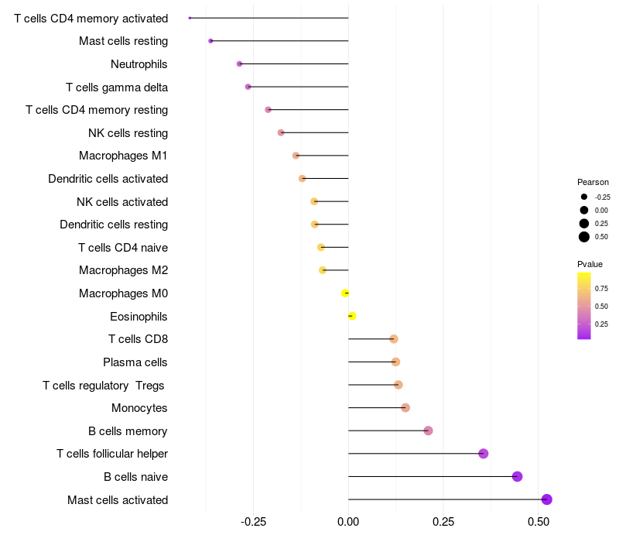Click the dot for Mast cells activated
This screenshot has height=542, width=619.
click(x=546, y=499)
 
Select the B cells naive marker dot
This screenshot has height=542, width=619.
click(x=517, y=476)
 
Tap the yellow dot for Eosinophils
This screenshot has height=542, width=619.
click(x=352, y=316)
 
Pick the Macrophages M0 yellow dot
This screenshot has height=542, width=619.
click(x=345, y=293)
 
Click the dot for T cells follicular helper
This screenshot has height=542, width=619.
click(x=483, y=454)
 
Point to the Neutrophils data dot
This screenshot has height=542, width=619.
click(x=239, y=64)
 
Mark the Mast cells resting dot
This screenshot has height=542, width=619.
click(x=210, y=41)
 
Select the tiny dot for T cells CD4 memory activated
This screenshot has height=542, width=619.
click(x=190, y=18)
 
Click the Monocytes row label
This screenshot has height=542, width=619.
click(x=139, y=408)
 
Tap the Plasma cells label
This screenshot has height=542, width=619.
click(x=135, y=362)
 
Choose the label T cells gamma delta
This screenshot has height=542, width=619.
click(x=117, y=87)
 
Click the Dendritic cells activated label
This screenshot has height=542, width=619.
click(x=108, y=179)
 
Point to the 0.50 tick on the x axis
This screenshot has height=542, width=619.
click(x=539, y=522)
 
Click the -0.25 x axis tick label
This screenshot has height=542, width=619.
click(x=253, y=522)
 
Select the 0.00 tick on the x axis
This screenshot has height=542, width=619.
click(x=348, y=522)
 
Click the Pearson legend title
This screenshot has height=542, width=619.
click(x=593, y=182)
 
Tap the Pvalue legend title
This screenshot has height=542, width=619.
click(x=590, y=264)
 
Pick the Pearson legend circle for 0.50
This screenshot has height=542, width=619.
click(x=584, y=237)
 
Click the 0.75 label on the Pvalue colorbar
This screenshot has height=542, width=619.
click(x=601, y=289)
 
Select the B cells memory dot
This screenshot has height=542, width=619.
click(x=428, y=431)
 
